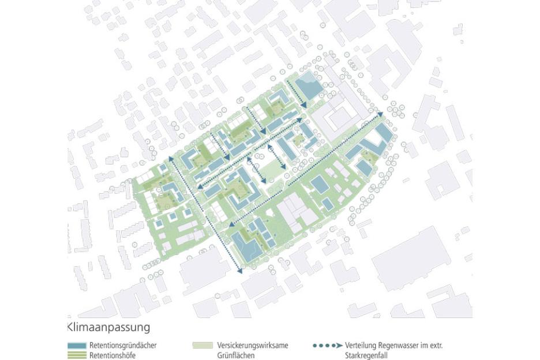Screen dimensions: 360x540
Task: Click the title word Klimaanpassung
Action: click(109, 327)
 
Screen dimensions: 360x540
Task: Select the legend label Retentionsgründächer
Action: click(123, 346)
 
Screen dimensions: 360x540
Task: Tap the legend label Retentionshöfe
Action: click(112, 355)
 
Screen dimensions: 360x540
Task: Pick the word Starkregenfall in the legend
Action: click(370, 355)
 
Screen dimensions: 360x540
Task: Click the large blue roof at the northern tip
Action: click(311, 87)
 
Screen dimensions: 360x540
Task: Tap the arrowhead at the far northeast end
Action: click(381, 116)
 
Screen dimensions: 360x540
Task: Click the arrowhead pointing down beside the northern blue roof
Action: click(304, 104)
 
